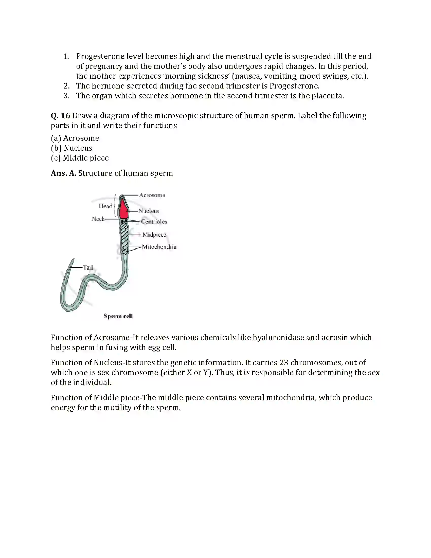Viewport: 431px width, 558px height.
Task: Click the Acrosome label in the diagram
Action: click(152, 195)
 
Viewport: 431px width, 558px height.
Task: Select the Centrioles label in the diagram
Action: click(154, 222)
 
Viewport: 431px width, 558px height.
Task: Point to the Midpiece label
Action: click(154, 235)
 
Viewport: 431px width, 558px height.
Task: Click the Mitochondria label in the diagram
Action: click(159, 247)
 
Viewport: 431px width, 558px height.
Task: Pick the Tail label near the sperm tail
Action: click(88, 268)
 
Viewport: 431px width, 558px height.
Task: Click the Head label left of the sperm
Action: click(105, 206)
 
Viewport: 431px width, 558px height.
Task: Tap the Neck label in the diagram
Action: click(98, 219)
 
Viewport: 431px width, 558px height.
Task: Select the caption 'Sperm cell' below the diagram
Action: click(118, 316)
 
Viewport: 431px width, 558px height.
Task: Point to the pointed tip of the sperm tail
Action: click(74, 259)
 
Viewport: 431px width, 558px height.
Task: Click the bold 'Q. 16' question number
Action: click(61, 116)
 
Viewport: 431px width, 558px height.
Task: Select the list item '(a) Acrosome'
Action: click(75, 138)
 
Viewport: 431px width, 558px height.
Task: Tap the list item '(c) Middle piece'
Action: click(80, 158)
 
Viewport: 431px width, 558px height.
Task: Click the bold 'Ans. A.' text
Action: click(63, 173)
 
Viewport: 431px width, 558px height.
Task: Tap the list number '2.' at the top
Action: click(67, 86)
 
